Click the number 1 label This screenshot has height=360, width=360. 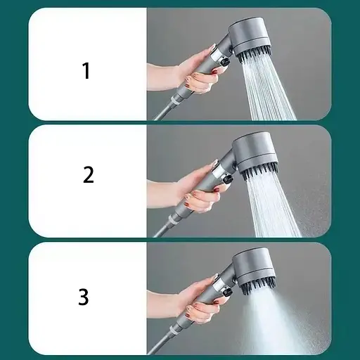coord(86,70)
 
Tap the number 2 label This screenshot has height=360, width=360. coord(89,174)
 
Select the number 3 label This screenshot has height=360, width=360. coord(84,297)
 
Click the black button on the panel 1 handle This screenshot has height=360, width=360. coord(226,63)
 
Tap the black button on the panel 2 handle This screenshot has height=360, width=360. coord(229,180)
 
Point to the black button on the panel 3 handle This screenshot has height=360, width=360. coord(227,292)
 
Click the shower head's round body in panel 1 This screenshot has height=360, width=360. coord(249,37)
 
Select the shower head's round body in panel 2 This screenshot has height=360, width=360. coord(256,153)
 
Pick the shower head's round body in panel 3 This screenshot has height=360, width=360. coord(254,268)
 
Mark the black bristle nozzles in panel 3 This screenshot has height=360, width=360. coord(257,286)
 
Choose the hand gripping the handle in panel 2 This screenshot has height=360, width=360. coord(190,188)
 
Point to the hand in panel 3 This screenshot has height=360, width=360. coord(190,300)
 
